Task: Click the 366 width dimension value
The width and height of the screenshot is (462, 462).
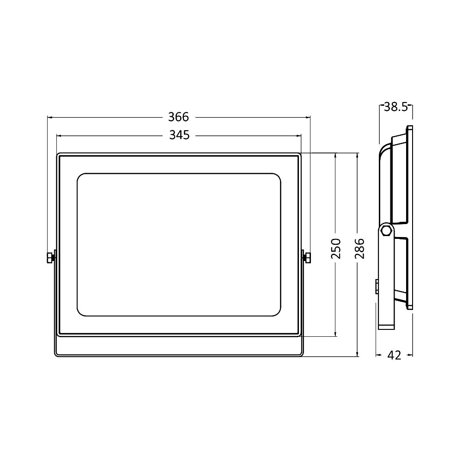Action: coord(179,116)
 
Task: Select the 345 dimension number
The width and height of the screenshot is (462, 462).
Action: coord(179,135)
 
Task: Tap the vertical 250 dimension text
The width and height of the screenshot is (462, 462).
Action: coord(336,248)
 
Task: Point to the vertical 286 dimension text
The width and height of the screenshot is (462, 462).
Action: coord(359,248)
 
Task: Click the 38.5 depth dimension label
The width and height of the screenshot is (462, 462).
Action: coord(395,107)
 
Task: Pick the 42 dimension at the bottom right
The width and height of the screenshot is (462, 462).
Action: coord(394,355)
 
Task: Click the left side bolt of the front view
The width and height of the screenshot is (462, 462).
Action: coord(50,257)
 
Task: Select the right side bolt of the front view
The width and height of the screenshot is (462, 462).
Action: coord(306,257)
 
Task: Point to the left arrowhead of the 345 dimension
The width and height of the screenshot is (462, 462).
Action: coord(59,136)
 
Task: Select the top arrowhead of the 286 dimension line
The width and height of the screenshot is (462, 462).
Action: coord(358,156)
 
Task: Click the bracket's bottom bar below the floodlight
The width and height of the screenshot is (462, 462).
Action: coord(179,355)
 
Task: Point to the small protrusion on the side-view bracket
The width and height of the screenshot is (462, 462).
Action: coord(377,286)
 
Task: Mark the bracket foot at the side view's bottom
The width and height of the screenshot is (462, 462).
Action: coord(386,327)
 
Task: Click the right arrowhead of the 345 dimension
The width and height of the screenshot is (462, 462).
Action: coord(299,136)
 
